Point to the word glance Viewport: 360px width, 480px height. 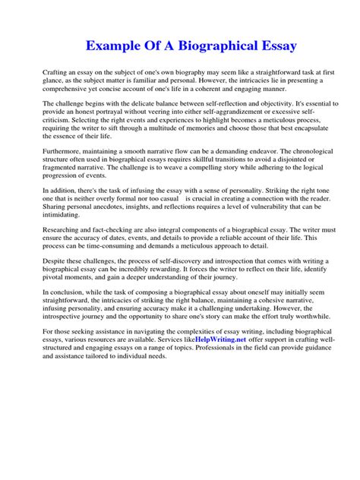pos(53,79)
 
